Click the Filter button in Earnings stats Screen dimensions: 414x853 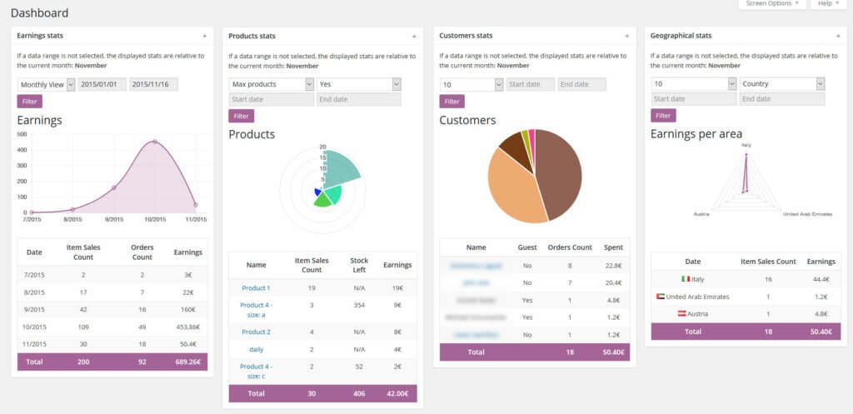tap(29, 101)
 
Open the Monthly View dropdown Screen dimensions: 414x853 tap(47, 84)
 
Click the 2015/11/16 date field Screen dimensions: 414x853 tap(153, 84)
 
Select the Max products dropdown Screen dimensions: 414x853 tap(271, 84)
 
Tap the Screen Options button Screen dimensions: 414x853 tap(771, 4)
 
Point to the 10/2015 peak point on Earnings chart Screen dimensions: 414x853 tap(154, 142)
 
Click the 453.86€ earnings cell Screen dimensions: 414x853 tap(187, 327)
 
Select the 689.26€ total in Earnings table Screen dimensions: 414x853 tap(187, 362)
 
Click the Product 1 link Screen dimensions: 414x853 tap(256, 288)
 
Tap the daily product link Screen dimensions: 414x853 tap(256, 349)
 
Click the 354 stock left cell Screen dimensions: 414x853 tap(359, 306)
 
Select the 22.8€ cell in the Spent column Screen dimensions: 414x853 tap(612, 266)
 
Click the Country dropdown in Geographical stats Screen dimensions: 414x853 tap(781, 84)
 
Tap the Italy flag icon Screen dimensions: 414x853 tap(686, 279)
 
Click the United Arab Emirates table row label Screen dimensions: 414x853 tap(697, 297)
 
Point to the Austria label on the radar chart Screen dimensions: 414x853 tap(701, 214)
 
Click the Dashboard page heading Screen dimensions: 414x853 tap(39, 12)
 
